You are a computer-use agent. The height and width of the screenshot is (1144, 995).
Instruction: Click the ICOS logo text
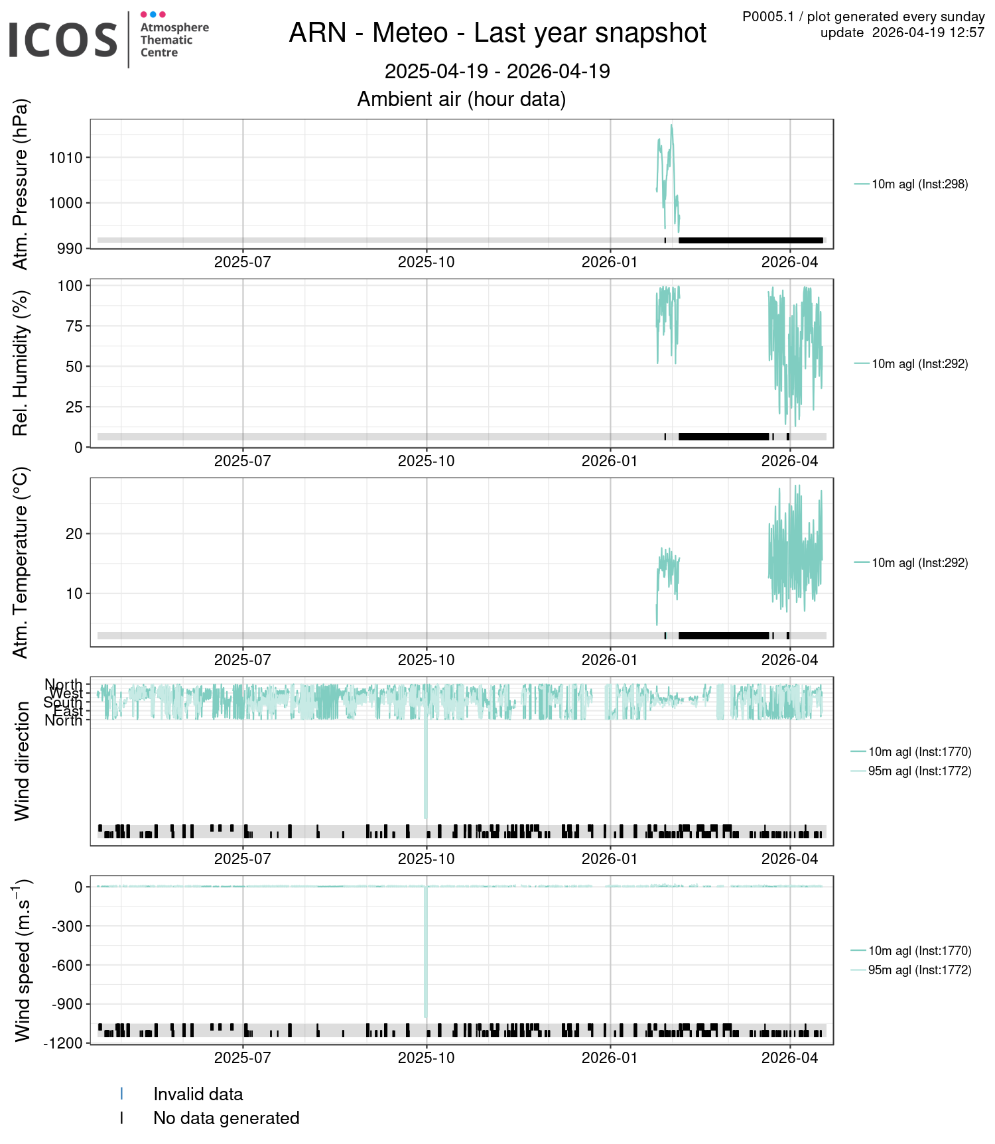pos(63,40)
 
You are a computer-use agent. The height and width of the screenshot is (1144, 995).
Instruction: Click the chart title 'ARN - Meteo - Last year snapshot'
pos(497,33)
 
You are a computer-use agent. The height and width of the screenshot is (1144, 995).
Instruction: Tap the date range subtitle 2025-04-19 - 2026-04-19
pos(497,72)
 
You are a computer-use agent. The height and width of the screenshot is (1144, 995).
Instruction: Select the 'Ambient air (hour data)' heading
pos(462,99)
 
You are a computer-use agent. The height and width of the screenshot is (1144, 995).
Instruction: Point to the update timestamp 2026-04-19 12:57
pos(928,33)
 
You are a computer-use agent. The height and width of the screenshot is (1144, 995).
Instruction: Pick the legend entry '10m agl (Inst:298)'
pos(919,184)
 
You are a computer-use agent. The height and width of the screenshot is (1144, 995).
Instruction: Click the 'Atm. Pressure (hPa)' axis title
pos(21,184)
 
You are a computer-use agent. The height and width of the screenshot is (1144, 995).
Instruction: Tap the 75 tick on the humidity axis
pos(74,326)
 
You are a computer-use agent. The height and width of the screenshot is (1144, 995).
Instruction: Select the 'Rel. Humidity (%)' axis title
pos(21,363)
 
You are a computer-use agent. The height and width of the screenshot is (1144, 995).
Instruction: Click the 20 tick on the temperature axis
pos(74,534)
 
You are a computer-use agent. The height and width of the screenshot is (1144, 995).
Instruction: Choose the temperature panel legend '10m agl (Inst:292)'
pos(919,563)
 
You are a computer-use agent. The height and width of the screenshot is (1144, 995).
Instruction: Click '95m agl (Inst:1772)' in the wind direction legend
pos(919,771)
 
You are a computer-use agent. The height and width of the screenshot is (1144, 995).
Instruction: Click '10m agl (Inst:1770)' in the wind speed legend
pos(919,951)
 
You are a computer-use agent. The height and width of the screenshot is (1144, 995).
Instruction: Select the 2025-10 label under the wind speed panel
pos(426,1058)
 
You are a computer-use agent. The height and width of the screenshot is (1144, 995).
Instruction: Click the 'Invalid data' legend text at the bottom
pos(198,1094)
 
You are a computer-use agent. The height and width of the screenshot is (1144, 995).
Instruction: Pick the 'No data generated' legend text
pos(226,1118)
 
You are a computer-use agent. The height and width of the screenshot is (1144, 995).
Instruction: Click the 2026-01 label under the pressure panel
pos(609,263)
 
